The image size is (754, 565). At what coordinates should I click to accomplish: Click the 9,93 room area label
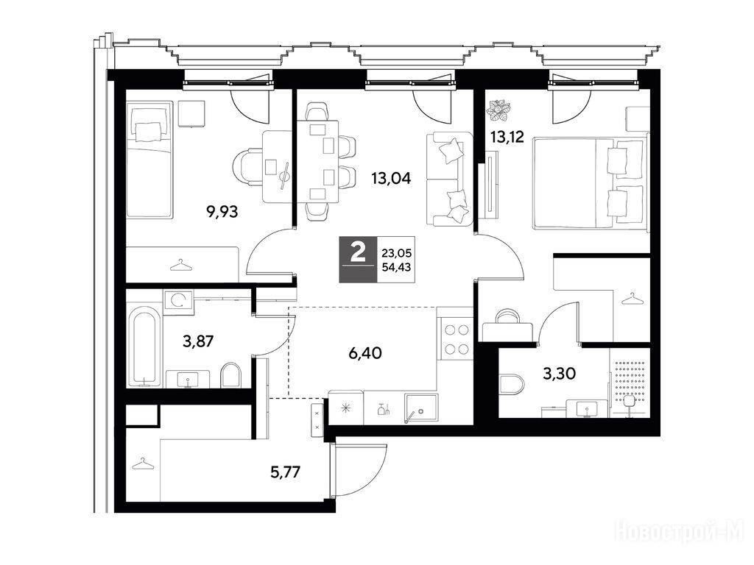pyautogui.click(x=222, y=211)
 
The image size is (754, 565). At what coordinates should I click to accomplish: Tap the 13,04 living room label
pyautogui.click(x=391, y=179)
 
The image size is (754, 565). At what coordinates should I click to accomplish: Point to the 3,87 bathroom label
pyautogui.click(x=198, y=341)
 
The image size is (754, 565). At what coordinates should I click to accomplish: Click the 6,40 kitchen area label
pyautogui.click(x=365, y=354)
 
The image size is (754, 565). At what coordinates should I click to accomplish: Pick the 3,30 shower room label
pyautogui.click(x=560, y=373)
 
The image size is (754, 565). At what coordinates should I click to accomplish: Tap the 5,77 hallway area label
pyautogui.click(x=286, y=472)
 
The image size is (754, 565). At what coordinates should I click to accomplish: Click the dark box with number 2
pyautogui.click(x=359, y=260)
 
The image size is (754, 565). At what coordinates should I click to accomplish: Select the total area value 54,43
pyautogui.click(x=396, y=268)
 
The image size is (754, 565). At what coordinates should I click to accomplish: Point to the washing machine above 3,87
pyautogui.click(x=178, y=302)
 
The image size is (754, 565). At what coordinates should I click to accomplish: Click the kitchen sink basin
pyautogui.click(x=421, y=409)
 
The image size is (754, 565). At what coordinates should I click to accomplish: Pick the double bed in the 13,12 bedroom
pyautogui.click(x=590, y=182)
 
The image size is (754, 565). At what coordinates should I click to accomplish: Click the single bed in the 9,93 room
pyautogui.click(x=149, y=160)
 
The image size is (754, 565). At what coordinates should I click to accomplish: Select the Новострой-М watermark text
pyautogui.click(x=680, y=533)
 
